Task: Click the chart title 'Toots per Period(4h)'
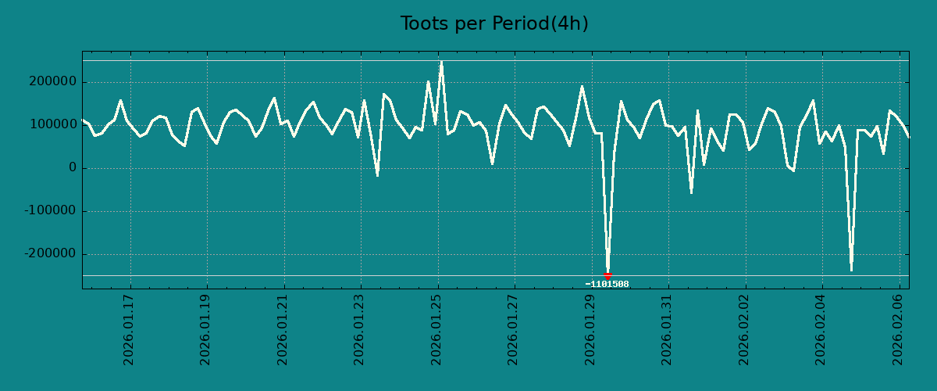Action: point(494,24)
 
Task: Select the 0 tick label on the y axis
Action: point(73,168)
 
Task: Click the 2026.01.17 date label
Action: point(130,329)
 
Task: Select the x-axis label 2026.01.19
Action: point(206,329)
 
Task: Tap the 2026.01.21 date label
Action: point(283,329)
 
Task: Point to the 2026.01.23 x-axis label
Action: point(360,329)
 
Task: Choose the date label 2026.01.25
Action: point(437,329)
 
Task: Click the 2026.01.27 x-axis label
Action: point(514,329)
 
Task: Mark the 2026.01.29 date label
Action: point(591,329)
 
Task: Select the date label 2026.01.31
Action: point(668,329)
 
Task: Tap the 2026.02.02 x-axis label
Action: point(744,329)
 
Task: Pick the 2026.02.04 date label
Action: point(821,329)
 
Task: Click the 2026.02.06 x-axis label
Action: point(898,329)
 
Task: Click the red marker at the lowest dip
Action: point(607,276)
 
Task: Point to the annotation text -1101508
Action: point(607,285)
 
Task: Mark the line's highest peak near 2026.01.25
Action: point(441,62)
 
